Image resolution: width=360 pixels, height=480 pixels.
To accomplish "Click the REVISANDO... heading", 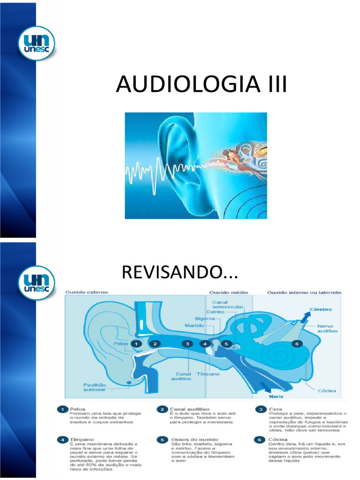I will click(180, 272).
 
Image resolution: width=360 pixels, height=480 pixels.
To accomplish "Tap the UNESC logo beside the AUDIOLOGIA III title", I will click(36, 43).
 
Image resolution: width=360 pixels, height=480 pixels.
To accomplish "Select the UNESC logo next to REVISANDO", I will click(36, 282).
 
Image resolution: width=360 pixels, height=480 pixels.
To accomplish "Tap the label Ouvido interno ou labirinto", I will click(304, 292).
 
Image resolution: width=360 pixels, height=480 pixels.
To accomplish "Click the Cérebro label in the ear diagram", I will click(321, 309).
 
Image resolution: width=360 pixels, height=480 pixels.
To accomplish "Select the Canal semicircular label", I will click(228, 305).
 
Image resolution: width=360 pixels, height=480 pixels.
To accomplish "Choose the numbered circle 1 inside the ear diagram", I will click(136, 344).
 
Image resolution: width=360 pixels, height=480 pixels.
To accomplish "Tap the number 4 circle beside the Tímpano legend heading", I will click(62, 440).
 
